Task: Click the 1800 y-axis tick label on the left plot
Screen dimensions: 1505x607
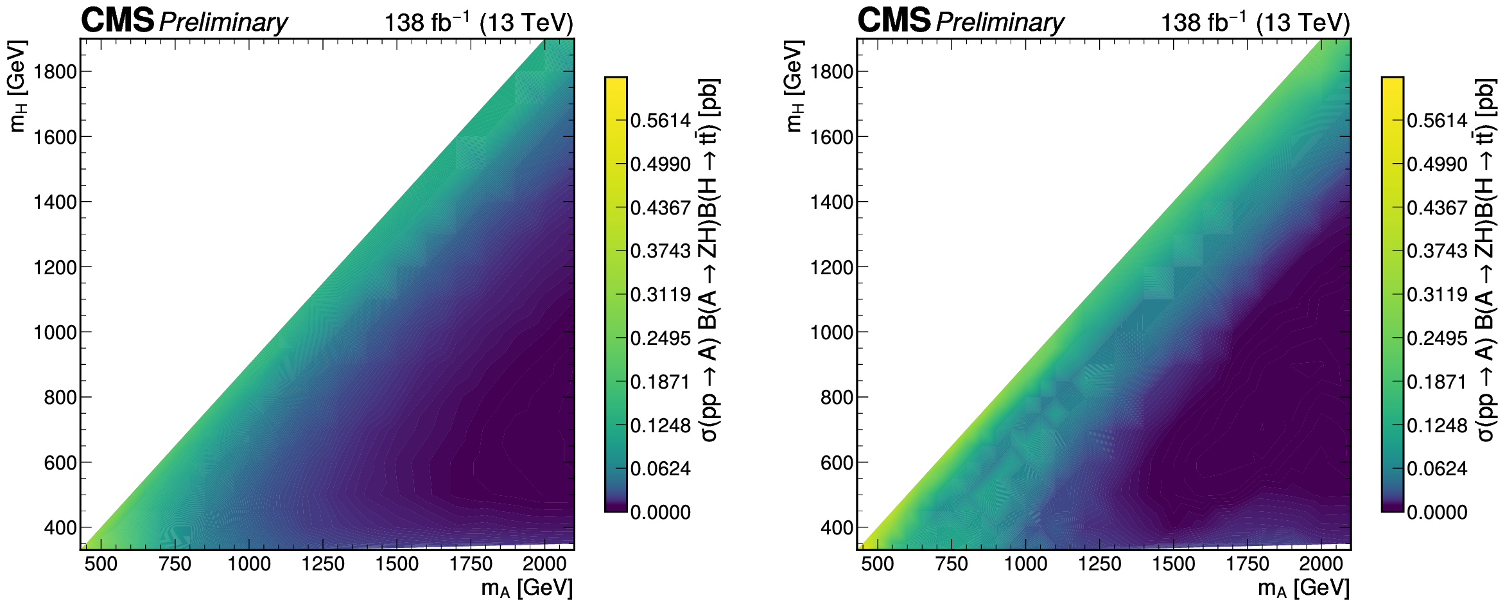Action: pos(55,71)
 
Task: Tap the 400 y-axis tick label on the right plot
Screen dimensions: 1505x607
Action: pos(837,527)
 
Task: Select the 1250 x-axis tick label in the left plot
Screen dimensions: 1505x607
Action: pos(323,564)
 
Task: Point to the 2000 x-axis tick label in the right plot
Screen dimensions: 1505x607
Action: pos(1321,564)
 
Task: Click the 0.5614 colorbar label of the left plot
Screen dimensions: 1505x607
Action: pos(661,121)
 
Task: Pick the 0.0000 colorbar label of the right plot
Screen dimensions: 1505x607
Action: pos(1438,513)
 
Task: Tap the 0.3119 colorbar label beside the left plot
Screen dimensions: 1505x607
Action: pos(661,295)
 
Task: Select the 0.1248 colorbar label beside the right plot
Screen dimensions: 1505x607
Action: pos(1438,426)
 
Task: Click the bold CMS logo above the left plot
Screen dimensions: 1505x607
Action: pos(117,21)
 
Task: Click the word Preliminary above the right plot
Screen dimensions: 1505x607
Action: pos(1000,23)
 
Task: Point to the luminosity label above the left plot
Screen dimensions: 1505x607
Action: pos(478,22)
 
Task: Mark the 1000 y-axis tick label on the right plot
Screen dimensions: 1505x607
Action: pos(832,332)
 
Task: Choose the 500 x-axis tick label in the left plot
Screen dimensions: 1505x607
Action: pos(101,564)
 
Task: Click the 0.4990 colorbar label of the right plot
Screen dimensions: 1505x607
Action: pos(1438,164)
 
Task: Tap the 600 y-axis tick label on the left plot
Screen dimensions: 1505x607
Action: pos(60,462)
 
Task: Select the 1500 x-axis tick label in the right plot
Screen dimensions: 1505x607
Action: pos(1174,564)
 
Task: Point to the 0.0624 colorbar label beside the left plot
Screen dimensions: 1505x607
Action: pos(661,469)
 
